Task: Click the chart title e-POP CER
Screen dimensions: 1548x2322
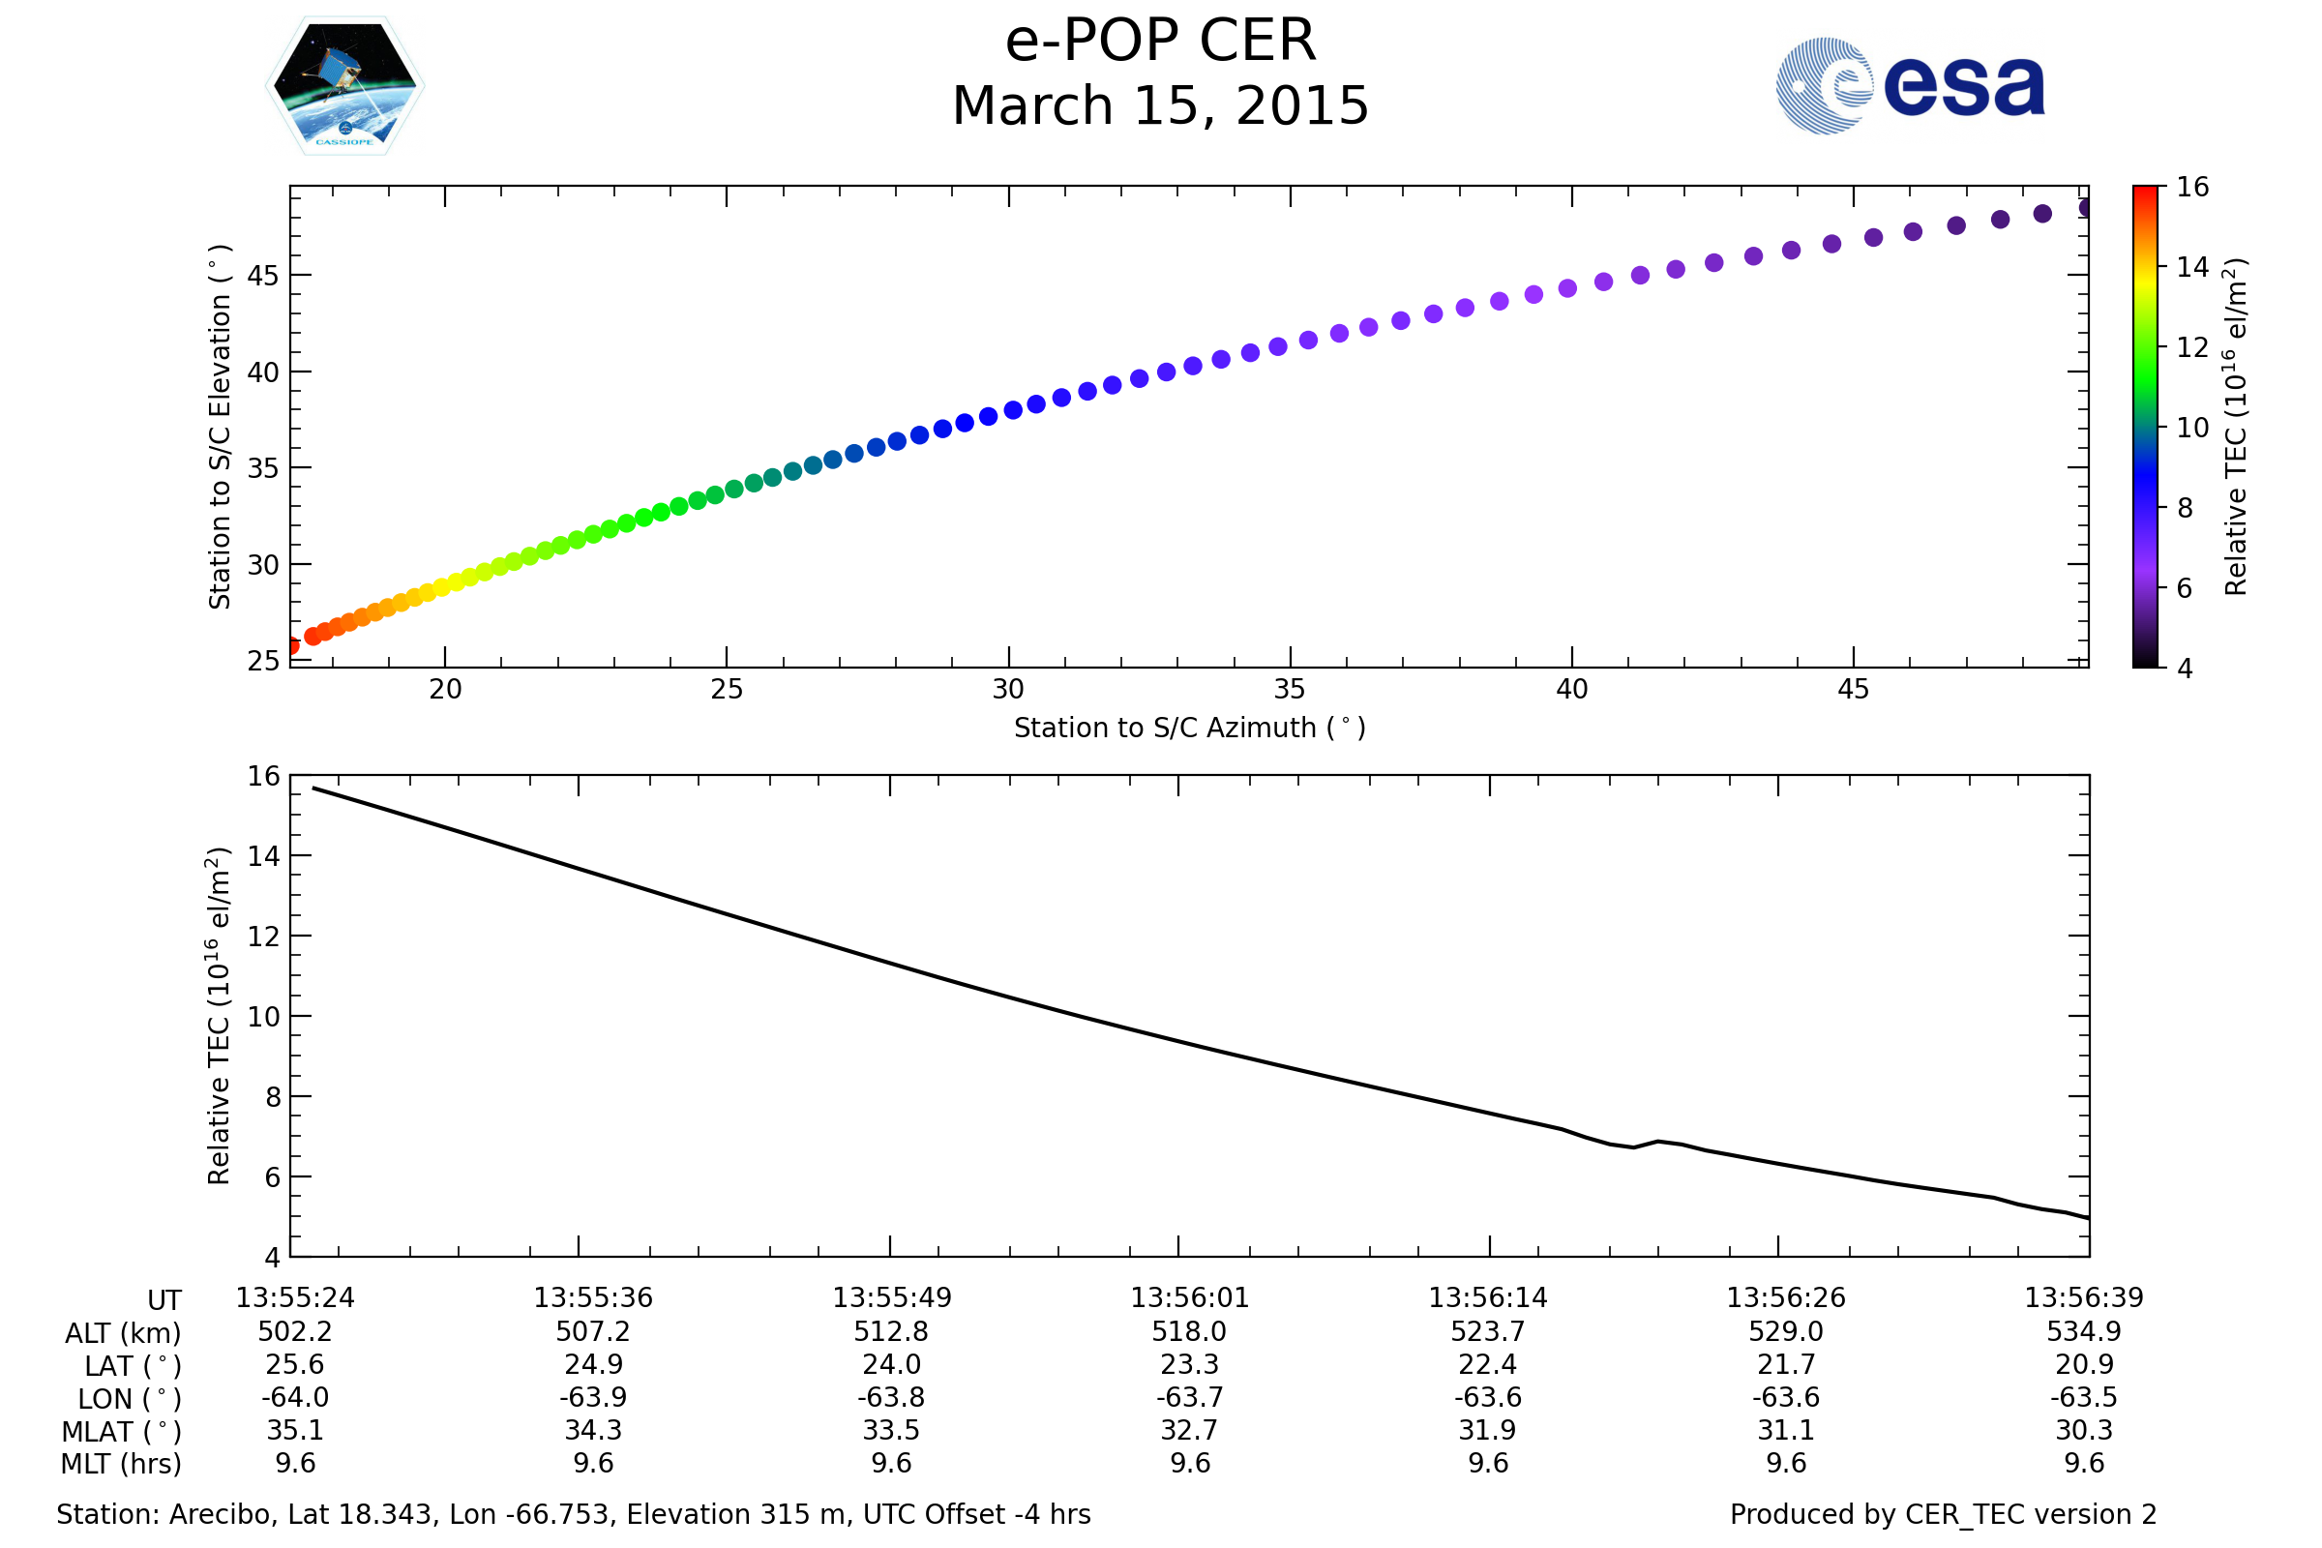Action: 1160,42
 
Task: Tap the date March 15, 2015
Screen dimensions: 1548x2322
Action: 1160,106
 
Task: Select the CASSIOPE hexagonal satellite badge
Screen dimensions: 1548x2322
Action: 344,86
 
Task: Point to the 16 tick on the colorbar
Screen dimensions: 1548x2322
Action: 2192,188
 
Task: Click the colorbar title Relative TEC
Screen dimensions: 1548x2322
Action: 2236,427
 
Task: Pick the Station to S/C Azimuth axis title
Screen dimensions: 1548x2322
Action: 1190,729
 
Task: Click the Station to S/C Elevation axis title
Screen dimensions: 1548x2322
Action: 220,427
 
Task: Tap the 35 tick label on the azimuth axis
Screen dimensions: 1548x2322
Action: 1290,690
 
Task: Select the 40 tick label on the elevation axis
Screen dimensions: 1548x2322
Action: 262,373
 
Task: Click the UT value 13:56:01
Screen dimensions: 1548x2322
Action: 1190,1298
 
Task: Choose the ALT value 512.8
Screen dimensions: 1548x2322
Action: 890,1332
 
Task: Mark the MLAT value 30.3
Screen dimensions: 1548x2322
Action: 2083,1431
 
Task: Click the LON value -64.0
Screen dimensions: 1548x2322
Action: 295,1398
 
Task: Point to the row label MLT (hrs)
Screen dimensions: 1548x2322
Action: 122,1464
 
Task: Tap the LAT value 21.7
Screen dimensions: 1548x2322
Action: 1785,1364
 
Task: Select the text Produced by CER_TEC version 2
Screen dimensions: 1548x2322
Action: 1942,1514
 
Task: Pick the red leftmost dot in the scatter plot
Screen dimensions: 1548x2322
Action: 293,645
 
